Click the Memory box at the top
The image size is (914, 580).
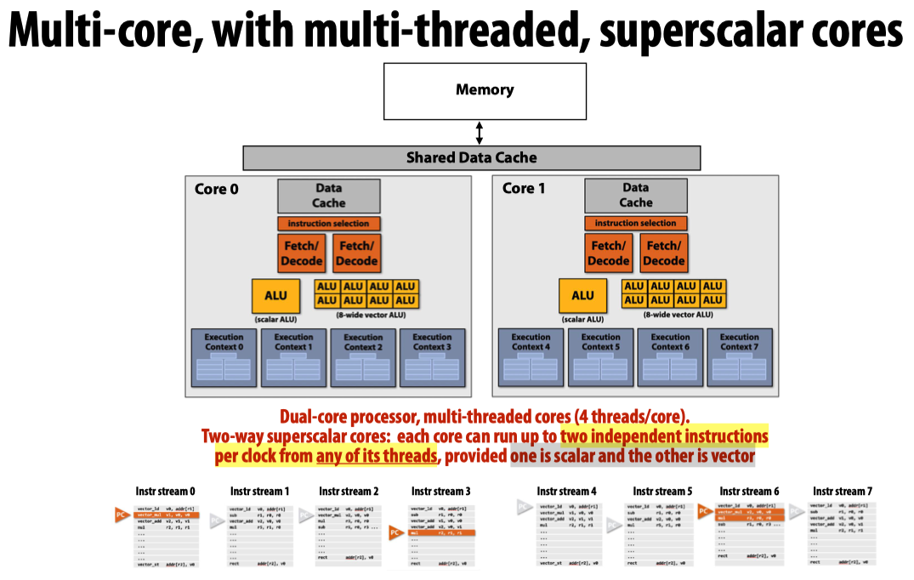click(485, 90)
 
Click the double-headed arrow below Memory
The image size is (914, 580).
click(480, 133)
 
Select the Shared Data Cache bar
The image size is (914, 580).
click(471, 157)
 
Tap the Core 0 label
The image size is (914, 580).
click(217, 189)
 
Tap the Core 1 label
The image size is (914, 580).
click(524, 188)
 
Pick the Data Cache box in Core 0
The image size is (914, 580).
click(328, 196)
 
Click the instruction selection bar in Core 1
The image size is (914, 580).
click(635, 223)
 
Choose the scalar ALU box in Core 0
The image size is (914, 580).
click(275, 295)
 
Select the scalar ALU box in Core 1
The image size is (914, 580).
click(582, 295)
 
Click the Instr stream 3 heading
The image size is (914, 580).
click(440, 492)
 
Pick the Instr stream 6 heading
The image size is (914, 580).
click(749, 492)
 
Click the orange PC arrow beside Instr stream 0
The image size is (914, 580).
click(122, 515)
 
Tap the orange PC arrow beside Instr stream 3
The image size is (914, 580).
click(395, 533)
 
